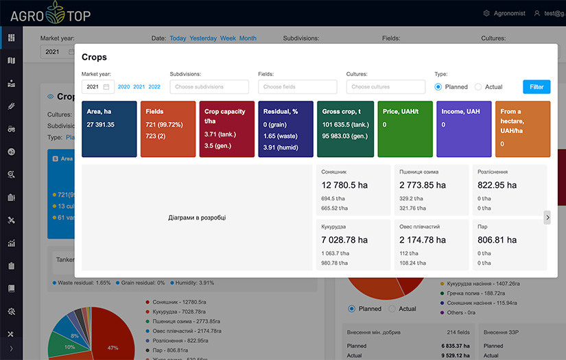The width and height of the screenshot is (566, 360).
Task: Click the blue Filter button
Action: (x=536, y=87)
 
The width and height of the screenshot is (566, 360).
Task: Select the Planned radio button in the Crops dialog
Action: (x=438, y=87)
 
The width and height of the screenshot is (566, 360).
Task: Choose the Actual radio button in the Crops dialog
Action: (x=478, y=87)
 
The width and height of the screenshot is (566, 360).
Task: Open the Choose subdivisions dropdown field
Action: (x=209, y=87)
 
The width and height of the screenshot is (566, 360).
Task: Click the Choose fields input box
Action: (x=297, y=87)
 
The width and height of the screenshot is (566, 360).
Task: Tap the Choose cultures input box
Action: (x=386, y=87)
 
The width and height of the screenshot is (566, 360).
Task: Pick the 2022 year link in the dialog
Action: (x=154, y=87)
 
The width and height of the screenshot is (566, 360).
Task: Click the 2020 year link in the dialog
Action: (x=123, y=87)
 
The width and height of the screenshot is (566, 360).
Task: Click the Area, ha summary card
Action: (x=109, y=129)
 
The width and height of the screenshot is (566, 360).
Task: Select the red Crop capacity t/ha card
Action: (x=227, y=129)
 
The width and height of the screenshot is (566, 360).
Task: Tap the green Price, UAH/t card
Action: (x=405, y=129)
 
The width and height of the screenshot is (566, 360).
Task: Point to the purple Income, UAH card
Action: (x=463, y=129)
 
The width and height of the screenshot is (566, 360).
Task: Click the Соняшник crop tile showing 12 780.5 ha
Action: (x=355, y=190)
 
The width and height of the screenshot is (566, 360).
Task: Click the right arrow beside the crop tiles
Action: (x=547, y=217)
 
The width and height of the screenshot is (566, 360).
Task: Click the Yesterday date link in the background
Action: (x=203, y=38)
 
